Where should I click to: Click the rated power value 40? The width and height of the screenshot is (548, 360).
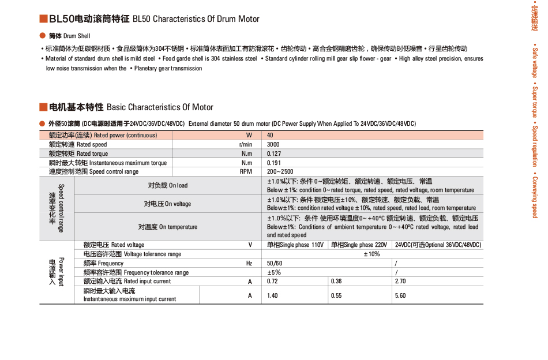[x=270, y=135]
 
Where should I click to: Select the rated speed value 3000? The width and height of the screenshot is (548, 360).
[x=273, y=144]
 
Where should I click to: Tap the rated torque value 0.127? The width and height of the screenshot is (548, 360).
[x=275, y=153]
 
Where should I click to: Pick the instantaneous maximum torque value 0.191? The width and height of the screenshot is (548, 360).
[x=275, y=163]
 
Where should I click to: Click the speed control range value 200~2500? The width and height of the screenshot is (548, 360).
[x=280, y=171]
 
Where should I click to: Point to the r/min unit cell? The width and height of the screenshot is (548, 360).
[x=245, y=144]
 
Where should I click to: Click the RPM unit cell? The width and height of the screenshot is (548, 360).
[x=246, y=171]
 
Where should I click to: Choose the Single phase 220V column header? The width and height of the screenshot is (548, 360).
[x=359, y=245]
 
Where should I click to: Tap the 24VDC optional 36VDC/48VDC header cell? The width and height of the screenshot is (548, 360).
[x=438, y=245]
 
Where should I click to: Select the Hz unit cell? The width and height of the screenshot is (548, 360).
[x=249, y=263]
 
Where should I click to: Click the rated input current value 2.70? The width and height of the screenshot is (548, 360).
[x=400, y=281]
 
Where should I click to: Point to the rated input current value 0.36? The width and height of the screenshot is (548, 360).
[x=336, y=281]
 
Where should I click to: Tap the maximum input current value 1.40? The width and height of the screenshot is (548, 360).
[x=273, y=295]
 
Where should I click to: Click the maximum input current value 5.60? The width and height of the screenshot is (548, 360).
[x=400, y=295]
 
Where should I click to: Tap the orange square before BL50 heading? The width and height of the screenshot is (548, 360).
[x=43, y=19]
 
